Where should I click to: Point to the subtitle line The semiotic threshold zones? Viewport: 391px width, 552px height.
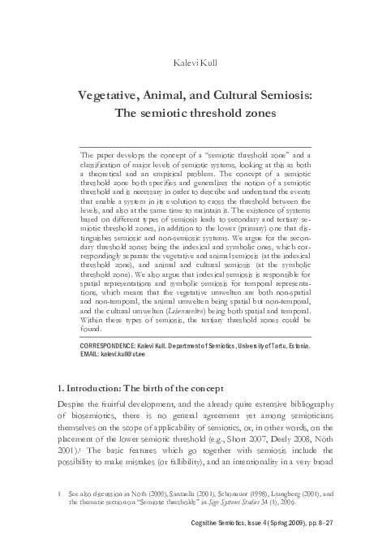click(x=195, y=113)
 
